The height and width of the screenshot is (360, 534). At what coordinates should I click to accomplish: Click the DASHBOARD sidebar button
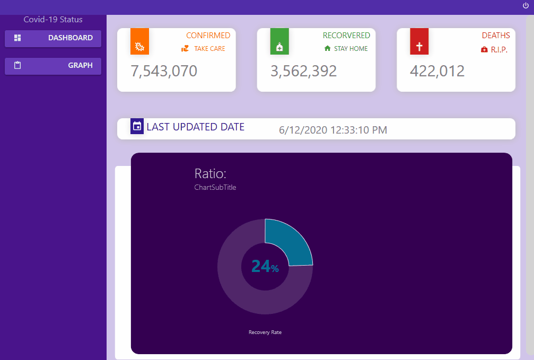[53, 38]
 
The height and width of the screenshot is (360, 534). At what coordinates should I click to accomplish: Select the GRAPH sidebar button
[53, 66]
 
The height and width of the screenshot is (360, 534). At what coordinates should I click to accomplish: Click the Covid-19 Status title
[53, 20]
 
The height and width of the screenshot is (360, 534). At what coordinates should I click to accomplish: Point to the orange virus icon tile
[139, 41]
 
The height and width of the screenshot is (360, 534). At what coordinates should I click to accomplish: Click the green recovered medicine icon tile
[279, 41]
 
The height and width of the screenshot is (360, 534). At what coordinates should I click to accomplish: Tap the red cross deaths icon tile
[419, 41]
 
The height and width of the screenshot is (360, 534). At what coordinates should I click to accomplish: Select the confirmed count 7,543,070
[164, 71]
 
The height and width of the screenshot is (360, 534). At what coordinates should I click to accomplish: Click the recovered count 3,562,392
[303, 71]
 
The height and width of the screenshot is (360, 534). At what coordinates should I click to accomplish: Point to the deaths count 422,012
[437, 71]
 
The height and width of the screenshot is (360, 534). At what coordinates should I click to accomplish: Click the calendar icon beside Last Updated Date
[137, 126]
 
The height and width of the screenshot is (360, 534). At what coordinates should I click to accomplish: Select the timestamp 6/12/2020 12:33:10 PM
[332, 130]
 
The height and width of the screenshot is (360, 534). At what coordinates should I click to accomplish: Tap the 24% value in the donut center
[265, 266]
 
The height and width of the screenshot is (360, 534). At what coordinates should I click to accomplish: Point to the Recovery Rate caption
[265, 332]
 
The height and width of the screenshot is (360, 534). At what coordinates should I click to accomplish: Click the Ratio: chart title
[211, 173]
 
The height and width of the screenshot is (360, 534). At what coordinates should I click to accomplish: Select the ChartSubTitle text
[215, 187]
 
